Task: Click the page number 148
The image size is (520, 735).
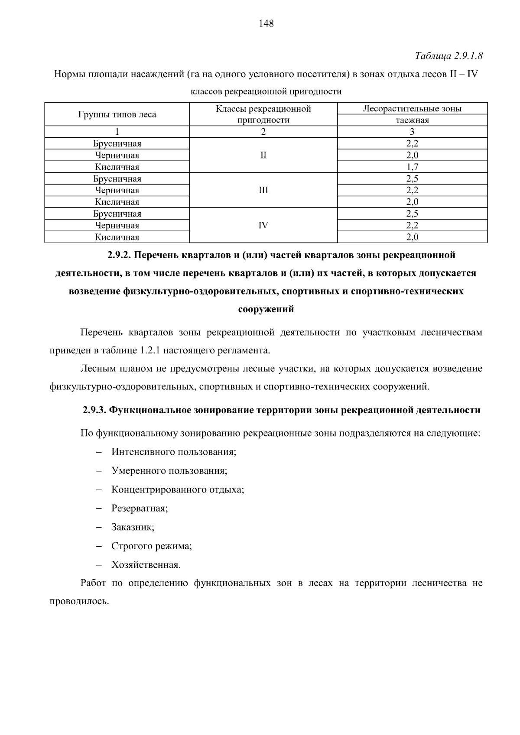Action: (266, 23)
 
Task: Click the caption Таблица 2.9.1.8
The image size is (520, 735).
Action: (448, 56)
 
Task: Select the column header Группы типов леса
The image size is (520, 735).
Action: (117, 115)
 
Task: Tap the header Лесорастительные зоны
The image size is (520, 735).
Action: (412, 109)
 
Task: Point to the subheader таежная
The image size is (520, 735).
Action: (412, 120)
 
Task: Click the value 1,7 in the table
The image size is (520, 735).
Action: (412, 167)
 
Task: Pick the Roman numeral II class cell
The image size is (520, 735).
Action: (263, 155)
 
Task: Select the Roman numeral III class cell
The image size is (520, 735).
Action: (263, 190)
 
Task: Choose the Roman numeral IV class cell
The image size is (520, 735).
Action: (263, 225)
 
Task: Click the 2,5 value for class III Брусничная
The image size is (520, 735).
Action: (412, 178)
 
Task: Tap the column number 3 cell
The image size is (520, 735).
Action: (412, 132)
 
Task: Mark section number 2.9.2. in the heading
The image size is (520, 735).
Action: (119, 255)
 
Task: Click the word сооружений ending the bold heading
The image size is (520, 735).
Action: (266, 309)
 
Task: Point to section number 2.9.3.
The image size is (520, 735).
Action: (94, 410)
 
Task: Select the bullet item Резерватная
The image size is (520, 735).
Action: (140, 508)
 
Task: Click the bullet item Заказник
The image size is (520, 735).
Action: (133, 528)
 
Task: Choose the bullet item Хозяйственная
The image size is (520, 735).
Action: (146, 565)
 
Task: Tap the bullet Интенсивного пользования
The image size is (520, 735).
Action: (173, 452)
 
